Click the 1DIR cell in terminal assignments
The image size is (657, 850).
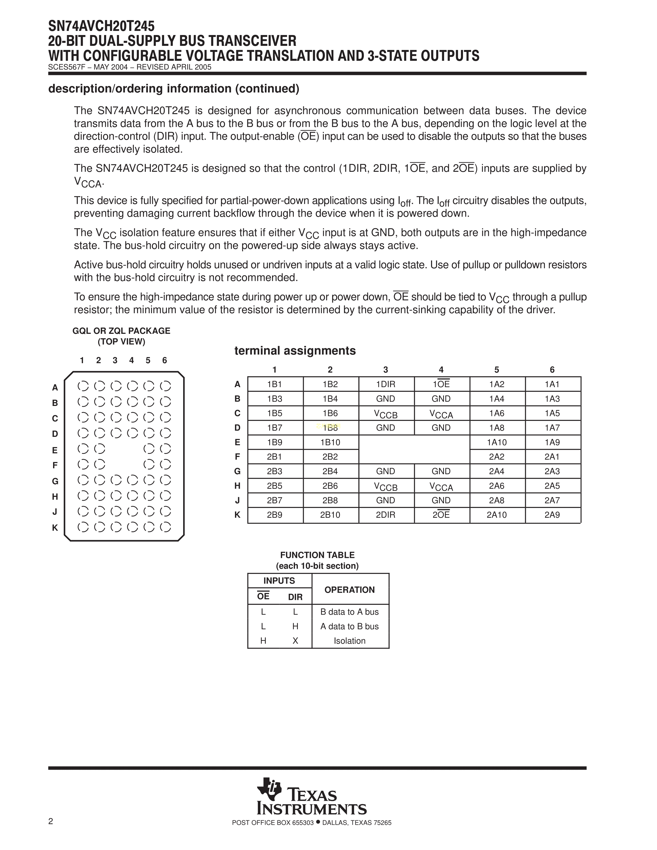coord(385,384)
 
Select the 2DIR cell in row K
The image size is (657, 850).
coord(385,515)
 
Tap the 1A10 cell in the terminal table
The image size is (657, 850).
coord(497,442)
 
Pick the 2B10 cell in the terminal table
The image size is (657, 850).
coord(330,515)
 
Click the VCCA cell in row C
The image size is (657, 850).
coord(441,414)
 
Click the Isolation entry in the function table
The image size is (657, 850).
coord(350,641)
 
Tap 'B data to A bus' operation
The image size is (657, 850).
coord(350,612)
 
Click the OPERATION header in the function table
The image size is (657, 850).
coord(350,590)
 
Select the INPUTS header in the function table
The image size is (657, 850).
coord(279,581)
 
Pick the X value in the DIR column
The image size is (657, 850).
coord(296,641)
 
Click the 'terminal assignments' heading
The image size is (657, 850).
coord(295,351)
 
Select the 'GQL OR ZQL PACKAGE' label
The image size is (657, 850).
coord(121,331)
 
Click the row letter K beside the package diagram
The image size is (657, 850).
coord(55,528)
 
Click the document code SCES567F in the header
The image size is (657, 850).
coord(65,67)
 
